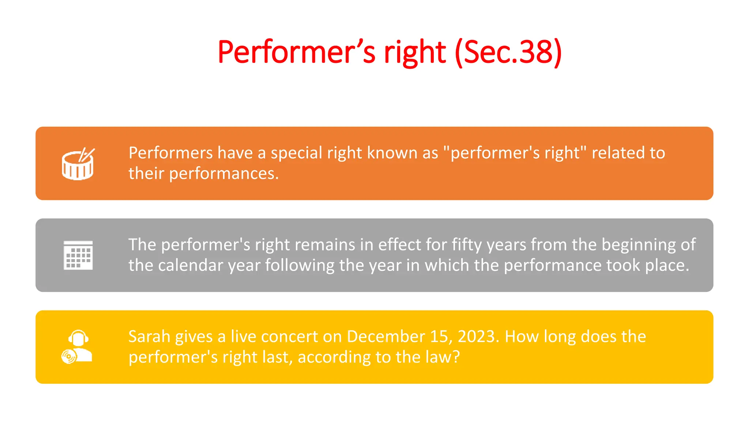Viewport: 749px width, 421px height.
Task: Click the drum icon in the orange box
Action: point(78,164)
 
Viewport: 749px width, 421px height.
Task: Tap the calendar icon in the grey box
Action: point(78,255)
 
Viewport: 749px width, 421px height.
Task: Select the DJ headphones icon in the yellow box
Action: point(77,347)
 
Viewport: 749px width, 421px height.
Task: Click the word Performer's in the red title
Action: point(296,52)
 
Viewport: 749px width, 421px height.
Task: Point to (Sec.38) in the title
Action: point(508,52)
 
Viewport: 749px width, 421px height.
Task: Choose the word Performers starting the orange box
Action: point(170,153)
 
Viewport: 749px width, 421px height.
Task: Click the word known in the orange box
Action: point(392,153)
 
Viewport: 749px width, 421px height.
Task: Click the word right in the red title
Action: point(415,52)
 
